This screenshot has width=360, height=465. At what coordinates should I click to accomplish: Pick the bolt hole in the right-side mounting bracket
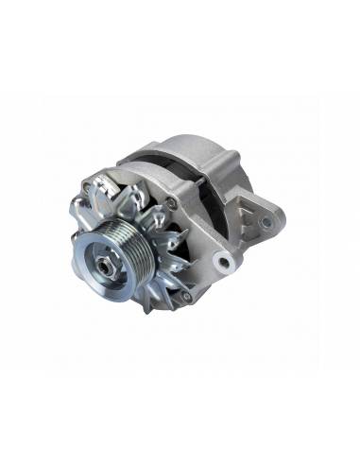(266, 222)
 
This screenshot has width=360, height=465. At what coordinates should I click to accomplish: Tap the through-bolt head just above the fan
(171, 201)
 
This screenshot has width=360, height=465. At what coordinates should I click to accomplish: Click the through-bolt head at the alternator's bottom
(186, 296)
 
